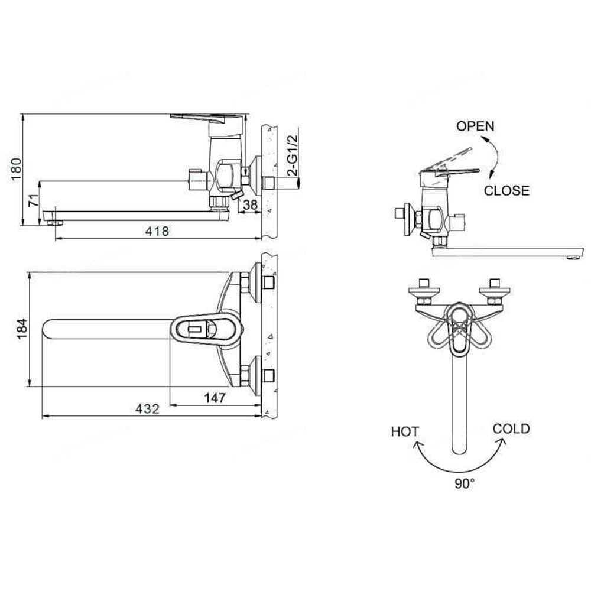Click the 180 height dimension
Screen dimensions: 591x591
pos(17,170)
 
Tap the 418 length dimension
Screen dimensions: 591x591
pos(158,232)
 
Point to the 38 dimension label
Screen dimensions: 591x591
pos(251,204)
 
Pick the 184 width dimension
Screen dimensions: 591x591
pos(21,329)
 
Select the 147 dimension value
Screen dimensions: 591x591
pos(215,398)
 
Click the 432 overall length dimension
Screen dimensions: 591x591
pos(148,409)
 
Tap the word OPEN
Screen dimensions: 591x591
pos(476,126)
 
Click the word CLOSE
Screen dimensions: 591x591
pos(506,190)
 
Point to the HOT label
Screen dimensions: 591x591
pos(405,431)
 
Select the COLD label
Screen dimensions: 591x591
pos(511,428)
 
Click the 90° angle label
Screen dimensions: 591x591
pos(465,483)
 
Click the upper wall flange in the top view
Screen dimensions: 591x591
pos(257,282)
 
